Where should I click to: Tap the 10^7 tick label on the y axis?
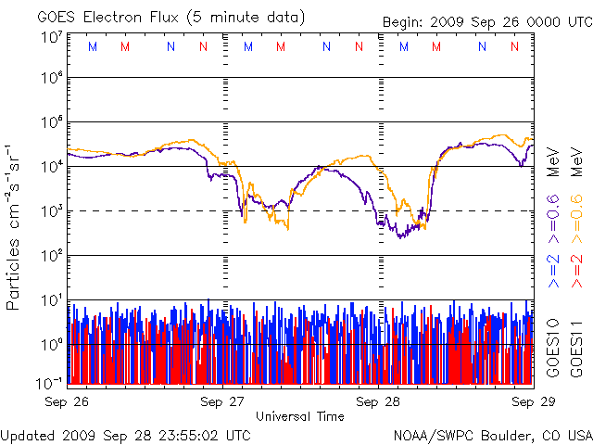(x=51, y=37)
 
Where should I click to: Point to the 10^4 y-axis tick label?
(x=51, y=166)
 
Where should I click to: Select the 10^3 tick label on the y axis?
(x=51, y=210)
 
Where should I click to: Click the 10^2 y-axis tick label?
(x=51, y=255)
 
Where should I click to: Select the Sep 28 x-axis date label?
(x=379, y=401)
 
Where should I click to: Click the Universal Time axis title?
(x=300, y=416)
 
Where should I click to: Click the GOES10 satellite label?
(x=554, y=349)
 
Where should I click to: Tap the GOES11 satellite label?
(x=575, y=349)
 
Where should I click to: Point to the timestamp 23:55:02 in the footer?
(x=167, y=435)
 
